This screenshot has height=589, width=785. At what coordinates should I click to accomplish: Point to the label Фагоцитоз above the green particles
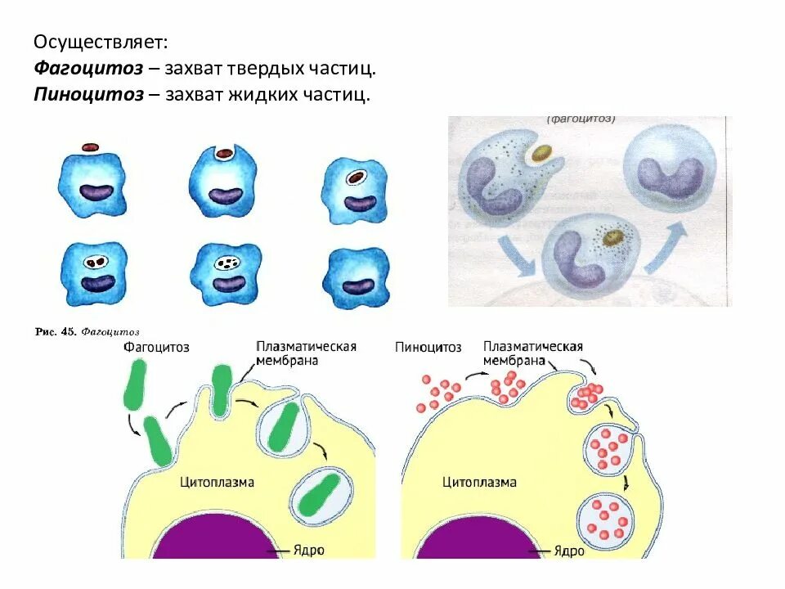coord(157,347)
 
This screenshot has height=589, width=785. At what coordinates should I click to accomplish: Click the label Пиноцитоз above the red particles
coord(428,347)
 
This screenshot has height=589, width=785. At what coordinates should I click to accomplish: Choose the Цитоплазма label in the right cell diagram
coord(479,482)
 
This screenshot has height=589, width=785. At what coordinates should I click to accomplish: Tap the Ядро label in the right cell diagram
coord(569,551)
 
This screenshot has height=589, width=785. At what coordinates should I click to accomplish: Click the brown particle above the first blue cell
coord(91,147)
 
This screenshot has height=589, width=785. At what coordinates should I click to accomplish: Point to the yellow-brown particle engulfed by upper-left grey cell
coord(540,153)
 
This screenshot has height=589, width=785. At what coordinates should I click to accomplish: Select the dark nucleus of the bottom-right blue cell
coord(357,286)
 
